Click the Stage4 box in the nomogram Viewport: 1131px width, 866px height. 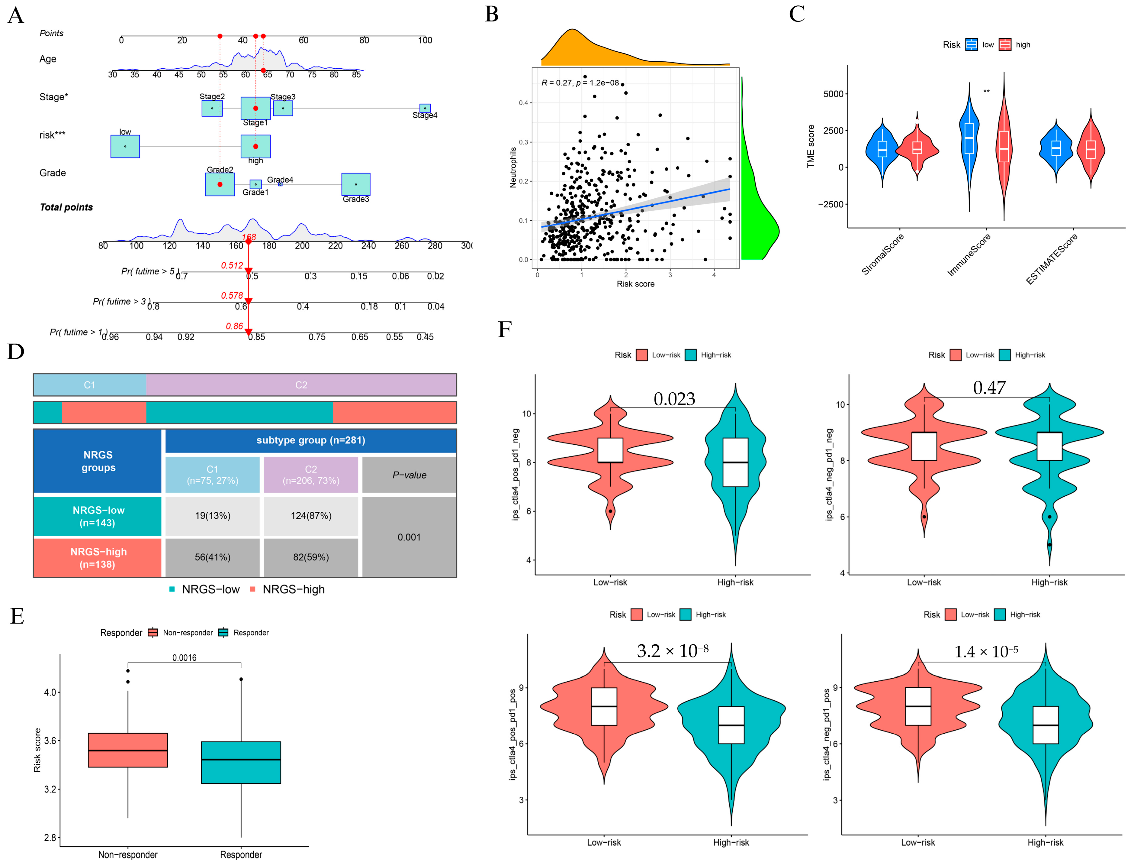tap(425, 108)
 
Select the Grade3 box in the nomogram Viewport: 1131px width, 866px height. tap(356, 184)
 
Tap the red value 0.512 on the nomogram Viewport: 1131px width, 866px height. tap(232, 265)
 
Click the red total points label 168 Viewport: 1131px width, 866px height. tap(249, 237)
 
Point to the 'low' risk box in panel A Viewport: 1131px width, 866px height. tap(125, 146)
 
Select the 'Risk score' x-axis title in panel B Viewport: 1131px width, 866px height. tap(635, 284)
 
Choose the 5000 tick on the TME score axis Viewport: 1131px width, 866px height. tap(833, 94)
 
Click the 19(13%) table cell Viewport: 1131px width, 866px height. tap(212, 515)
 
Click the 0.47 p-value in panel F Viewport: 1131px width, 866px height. tap(989, 388)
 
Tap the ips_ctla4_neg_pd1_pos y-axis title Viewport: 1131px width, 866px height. tap(827, 735)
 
